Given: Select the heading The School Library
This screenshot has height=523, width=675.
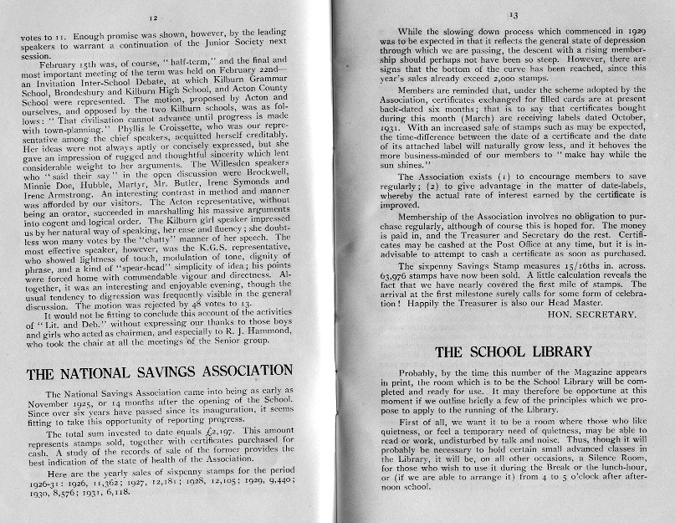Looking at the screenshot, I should point(513,352).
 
